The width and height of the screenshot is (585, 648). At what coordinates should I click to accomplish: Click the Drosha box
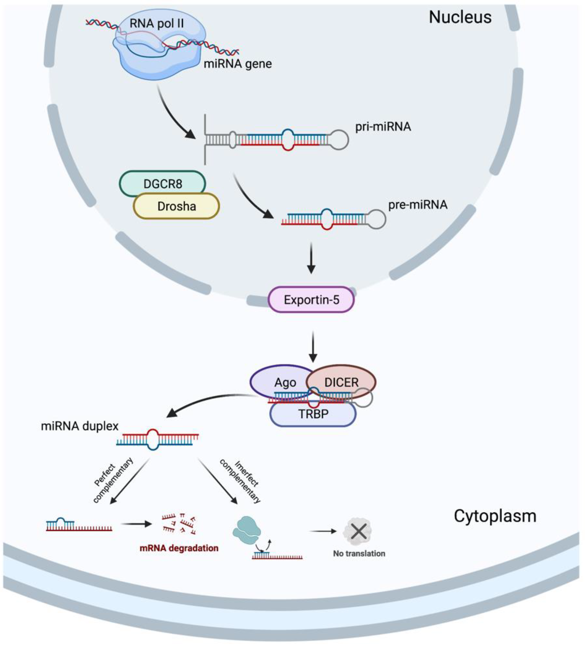tap(177, 206)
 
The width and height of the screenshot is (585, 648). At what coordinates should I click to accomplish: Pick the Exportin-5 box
tap(311, 300)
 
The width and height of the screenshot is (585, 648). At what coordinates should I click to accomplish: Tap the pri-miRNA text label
tap(383, 127)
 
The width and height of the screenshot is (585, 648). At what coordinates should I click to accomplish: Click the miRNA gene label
tap(238, 64)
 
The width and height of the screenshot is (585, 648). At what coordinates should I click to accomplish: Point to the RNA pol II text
tap(156, 24)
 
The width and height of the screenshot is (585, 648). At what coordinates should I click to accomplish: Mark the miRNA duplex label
tap(80, 426)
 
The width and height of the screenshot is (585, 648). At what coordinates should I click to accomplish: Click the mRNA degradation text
tap(179, 548)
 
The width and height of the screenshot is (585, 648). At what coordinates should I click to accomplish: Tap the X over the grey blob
tap(359, 532)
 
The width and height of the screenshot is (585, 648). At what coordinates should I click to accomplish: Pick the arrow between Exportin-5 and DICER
tap(313, 347)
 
